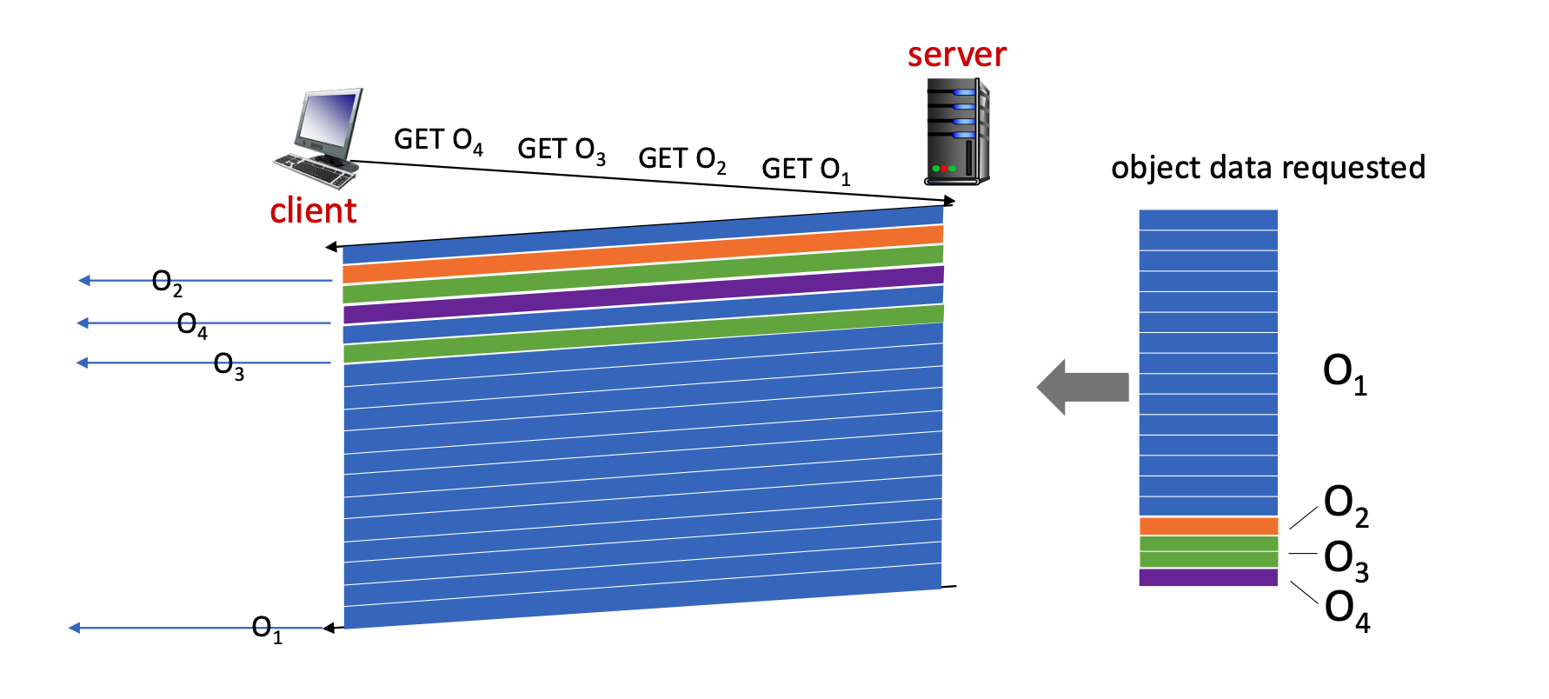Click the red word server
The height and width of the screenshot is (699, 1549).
956,55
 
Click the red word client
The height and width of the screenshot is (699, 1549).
313,210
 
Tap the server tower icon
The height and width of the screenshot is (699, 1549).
956,132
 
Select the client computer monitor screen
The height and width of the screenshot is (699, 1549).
329,120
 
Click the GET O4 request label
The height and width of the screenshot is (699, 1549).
438,140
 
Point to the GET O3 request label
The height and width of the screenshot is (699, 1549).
562,150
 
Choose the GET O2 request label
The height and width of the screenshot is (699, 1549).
682,159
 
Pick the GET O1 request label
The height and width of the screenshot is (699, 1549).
806,170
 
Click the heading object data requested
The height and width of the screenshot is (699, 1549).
1268,167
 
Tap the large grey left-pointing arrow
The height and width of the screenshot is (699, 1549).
1082,387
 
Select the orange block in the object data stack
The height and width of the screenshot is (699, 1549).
1208,526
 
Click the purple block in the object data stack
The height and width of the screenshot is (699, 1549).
1208,577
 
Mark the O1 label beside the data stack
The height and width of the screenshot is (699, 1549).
1345,373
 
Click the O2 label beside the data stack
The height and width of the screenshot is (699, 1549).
1346,504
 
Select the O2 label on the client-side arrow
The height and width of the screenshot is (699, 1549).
167,282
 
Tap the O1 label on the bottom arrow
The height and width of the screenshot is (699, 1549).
267,629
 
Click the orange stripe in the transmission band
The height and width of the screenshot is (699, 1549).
643,254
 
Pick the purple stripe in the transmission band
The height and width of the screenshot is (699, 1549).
643,294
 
